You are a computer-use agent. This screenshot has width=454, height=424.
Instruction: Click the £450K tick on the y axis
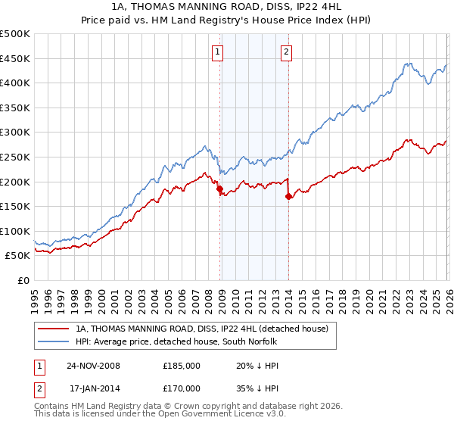click(x=15, y=58)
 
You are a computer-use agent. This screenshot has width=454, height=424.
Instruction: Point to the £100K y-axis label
click(x=15, y=231)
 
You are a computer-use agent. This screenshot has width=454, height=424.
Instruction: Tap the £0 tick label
click(x=23, y=280)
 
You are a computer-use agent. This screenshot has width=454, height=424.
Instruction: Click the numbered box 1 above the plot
click(x=218, y=52)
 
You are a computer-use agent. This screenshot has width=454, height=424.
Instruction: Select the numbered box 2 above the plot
click(x=287, y=52)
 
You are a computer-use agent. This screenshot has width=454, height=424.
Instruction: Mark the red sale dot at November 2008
click(x=219, y=189)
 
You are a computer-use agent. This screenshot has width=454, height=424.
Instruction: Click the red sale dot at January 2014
click(x=288, y=197)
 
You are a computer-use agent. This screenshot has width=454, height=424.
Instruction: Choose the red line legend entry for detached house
click(x=201, y=329)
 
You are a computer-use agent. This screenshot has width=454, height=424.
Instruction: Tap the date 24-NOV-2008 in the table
click(x=93, y=365)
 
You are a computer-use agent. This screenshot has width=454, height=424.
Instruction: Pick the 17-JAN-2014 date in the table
click(x=93, y=388)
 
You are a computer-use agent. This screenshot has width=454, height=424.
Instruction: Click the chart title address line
click(x=227, y=8)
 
